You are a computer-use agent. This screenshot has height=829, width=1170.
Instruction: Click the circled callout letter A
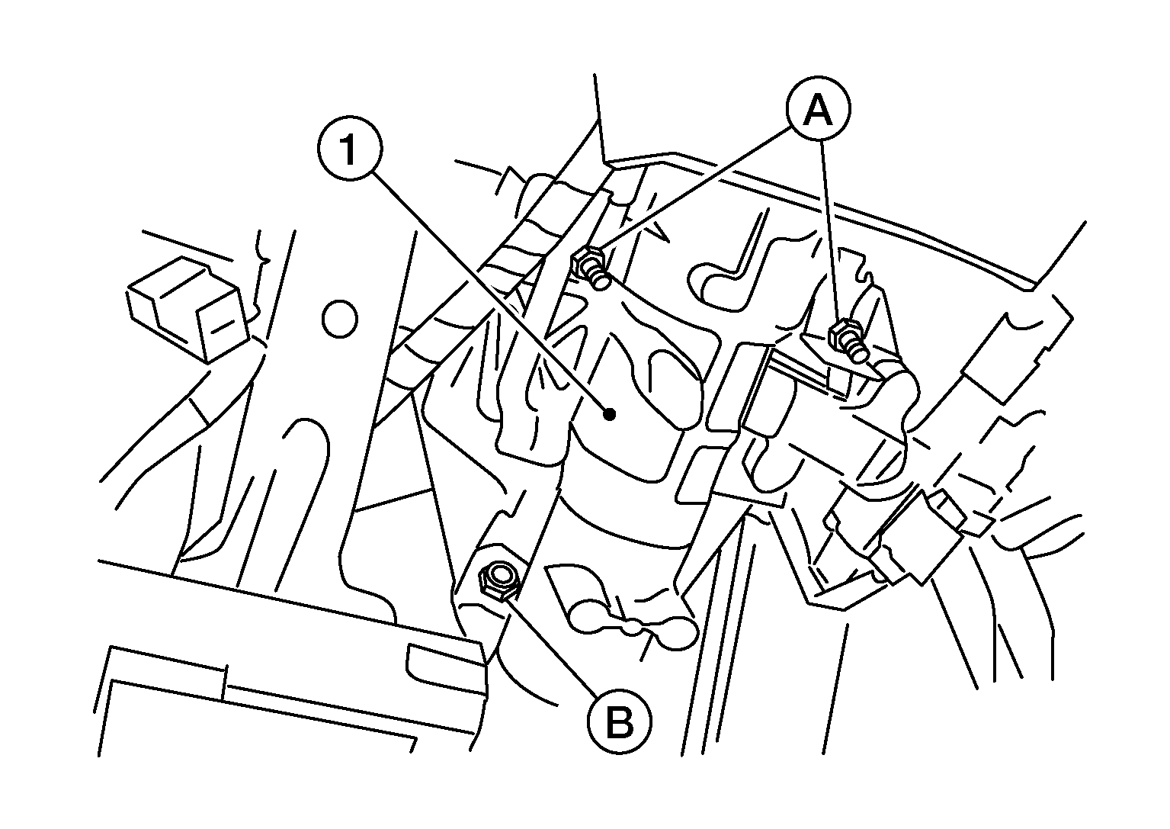pos(819,110)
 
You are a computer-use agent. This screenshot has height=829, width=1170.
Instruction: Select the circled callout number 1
pos(350,149)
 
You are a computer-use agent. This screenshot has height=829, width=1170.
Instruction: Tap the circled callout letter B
pos(620,721)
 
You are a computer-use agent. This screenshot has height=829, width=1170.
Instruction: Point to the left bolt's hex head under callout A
pos(588,261)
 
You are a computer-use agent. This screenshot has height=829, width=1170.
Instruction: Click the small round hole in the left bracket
pos(340,318)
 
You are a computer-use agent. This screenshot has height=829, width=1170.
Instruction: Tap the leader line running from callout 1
pos(490,291)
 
